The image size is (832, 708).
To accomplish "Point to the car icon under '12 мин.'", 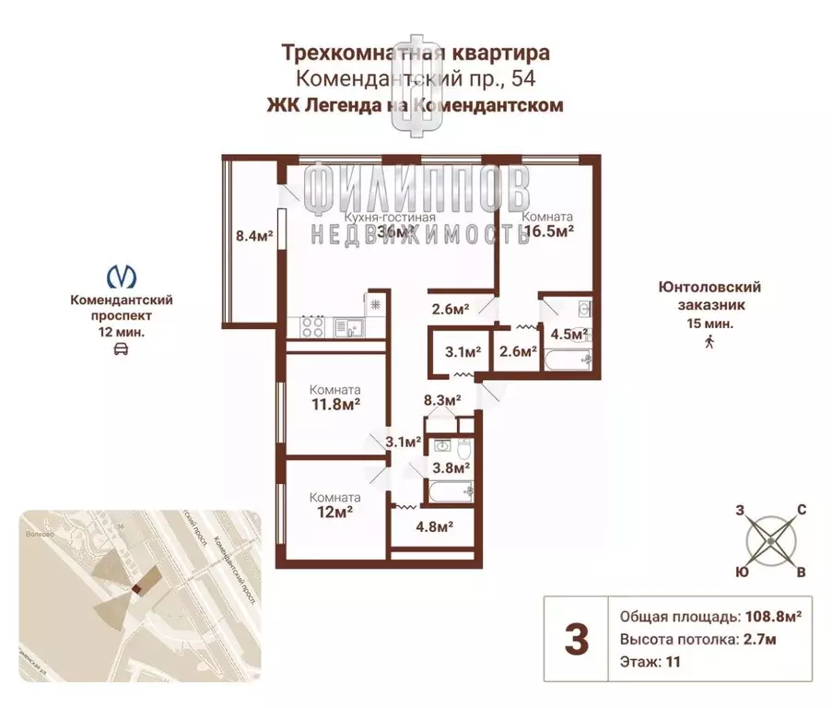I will pos(122,349).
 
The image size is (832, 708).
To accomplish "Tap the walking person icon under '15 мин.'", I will pos(709,343).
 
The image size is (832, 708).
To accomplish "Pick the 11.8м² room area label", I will pos(334,403).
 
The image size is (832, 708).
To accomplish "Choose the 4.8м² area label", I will pos(432,527).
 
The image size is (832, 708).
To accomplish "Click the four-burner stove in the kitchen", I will pos(311,326).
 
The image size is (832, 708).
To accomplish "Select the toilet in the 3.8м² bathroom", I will pos(465,449).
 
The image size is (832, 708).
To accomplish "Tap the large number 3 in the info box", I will pos(576,639).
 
